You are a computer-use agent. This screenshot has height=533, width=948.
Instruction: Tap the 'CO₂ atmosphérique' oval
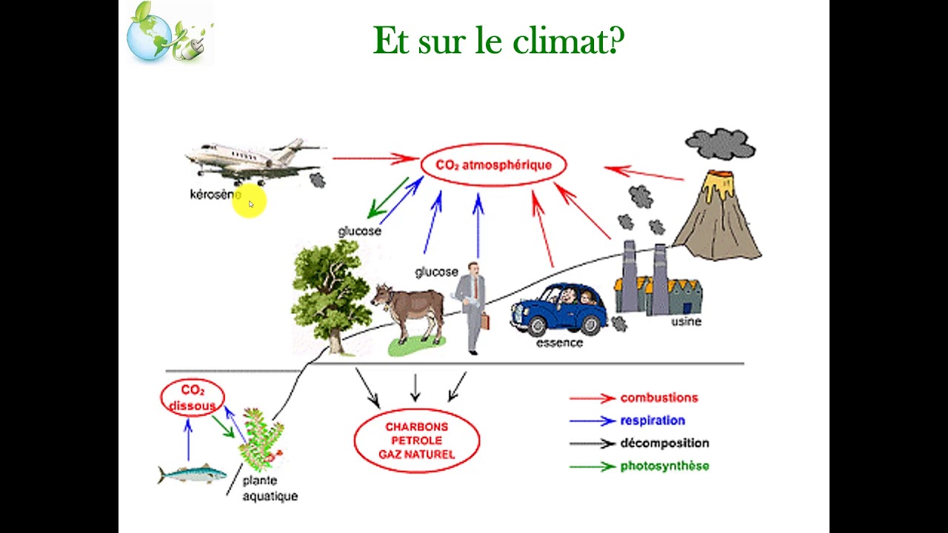[x=493, y=165]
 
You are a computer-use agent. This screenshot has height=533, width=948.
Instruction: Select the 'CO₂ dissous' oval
[x=192, y=398]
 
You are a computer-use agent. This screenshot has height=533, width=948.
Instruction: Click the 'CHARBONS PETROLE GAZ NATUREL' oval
[x=416, y=440]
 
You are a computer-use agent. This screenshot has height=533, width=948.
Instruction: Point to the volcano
[x=717, y=218]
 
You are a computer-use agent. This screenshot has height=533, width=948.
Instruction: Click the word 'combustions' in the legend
[x=658, y=398]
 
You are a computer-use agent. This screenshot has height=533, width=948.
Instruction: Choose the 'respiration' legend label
[x=652, y=420]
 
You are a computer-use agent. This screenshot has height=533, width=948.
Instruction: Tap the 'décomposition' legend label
[x=664, y=443]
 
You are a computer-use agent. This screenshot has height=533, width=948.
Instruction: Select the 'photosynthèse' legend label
[x=664, y=466]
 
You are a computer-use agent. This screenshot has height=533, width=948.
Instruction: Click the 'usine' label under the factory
[x=685, y=321]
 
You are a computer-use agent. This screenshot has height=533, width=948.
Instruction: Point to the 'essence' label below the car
[x=559, y=343]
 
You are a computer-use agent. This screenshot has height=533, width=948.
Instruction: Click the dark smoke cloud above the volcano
[x=720, y=144]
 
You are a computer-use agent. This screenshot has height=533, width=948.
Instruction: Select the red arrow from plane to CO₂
[x=375, y=158]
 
